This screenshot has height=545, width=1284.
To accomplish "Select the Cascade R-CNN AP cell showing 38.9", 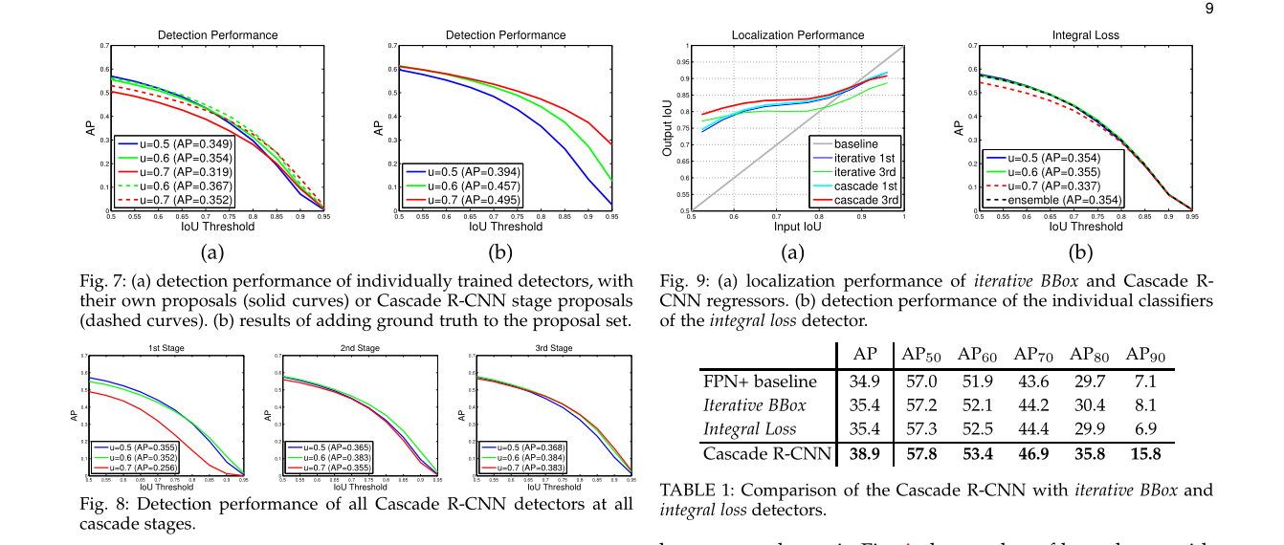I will tap(864, 454).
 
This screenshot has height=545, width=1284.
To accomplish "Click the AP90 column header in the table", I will tap(1145, 355).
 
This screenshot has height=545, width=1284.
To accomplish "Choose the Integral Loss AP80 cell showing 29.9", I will tap(1089, 430).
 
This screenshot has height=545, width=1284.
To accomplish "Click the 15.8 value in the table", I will tap(1145, 454).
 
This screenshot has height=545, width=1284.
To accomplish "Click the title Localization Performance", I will tap(797, 35).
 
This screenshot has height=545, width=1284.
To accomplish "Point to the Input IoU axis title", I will tap(797, 227).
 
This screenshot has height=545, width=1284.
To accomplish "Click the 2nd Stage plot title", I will tap(361, 347).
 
